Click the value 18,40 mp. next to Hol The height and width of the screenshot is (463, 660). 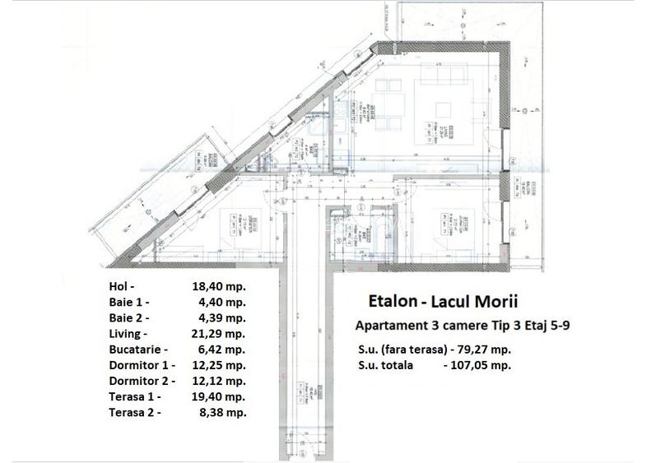[x=218, y=287]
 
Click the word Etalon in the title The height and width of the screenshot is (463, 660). [x=388, y=302]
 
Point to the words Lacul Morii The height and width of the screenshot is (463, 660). [x=467, y=302]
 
